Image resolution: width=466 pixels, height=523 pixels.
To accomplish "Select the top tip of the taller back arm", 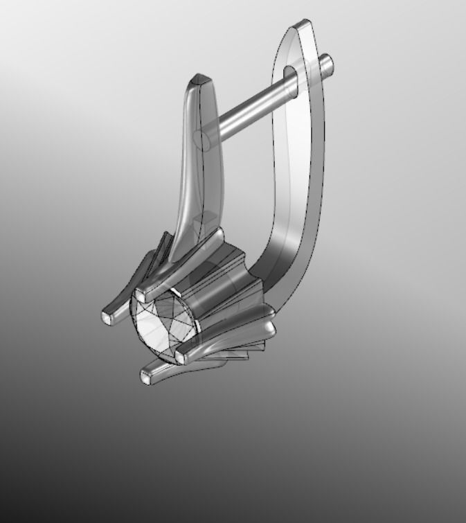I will click(302, 26).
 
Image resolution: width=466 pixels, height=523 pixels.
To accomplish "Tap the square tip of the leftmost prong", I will click(106, 317).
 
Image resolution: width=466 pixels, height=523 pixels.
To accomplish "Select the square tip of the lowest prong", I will click(146, 378).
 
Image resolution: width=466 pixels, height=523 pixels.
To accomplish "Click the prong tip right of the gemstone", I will click(181, 357).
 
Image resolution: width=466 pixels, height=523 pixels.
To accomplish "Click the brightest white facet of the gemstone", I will click(149, 326).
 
